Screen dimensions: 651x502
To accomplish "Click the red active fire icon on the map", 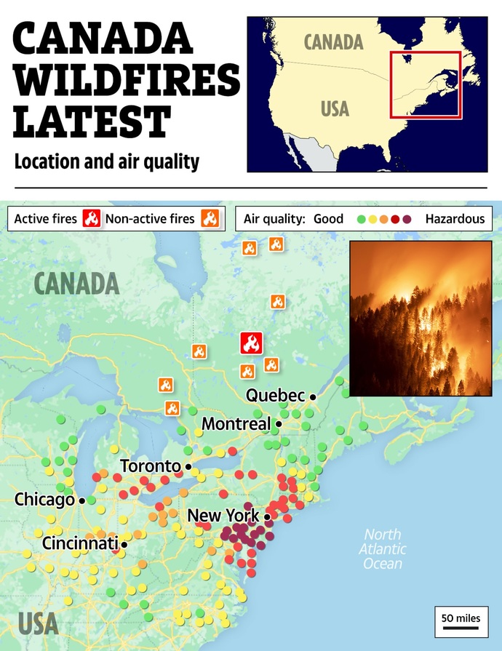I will point(251,343).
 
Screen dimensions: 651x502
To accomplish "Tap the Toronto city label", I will point(150,466).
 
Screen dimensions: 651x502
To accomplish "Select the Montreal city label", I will point(236,423).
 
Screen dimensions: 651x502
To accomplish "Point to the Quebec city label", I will point(274,396).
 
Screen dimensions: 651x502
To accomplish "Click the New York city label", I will point(223,516).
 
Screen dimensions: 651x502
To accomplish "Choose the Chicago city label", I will point(44,500).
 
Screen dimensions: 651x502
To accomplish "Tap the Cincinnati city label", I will point(79,543).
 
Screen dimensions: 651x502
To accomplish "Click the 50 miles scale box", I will point(461,618).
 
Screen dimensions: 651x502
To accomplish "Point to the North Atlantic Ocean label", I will point(383,549).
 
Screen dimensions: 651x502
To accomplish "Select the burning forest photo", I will point(421,319).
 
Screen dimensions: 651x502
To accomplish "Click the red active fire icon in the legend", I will point(91,218).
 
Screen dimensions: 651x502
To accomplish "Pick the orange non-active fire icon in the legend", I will point(210,218).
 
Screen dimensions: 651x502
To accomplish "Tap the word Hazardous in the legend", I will point(455,218).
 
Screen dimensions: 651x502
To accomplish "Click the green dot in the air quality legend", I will point(361,219).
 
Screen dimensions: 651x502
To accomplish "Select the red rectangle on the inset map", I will point(425,84).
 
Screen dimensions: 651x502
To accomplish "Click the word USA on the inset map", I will point(335,109).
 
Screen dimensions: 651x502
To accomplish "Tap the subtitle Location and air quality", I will point(107,161).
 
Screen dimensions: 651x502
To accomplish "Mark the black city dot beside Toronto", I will point(188,466).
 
